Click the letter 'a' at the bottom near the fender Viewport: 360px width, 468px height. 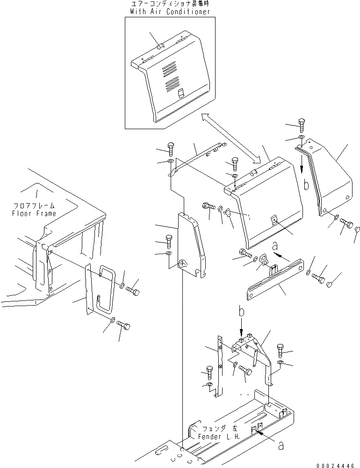pos(281,446)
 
